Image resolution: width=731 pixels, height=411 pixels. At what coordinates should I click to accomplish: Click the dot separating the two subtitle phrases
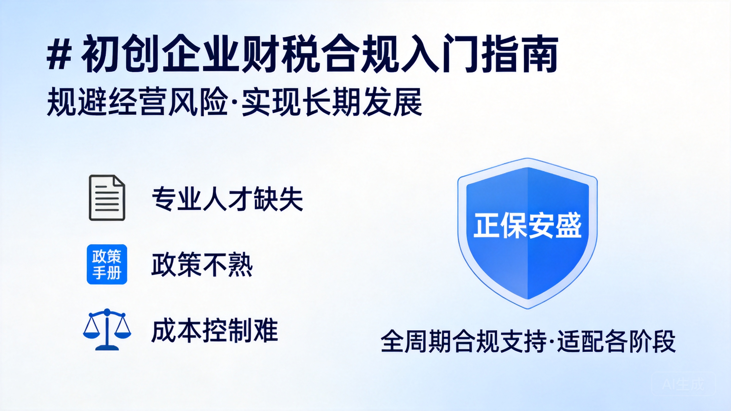point(235,102)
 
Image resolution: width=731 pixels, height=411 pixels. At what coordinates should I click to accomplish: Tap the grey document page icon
point(107,198)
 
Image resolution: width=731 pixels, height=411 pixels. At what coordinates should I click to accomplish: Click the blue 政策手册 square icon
point(107,264)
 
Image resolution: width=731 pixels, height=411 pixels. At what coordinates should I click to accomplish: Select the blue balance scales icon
point(107,330)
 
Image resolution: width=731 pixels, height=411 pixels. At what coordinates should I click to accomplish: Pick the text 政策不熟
point(202,265)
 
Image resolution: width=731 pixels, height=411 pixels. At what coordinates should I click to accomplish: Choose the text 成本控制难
point(215,331)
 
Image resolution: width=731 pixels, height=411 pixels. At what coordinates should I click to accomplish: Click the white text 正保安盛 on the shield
point(527,226)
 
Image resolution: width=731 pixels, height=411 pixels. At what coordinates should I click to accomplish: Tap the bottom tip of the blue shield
point(527,309)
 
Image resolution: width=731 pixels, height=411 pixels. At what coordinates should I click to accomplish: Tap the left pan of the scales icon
point(91,333)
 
